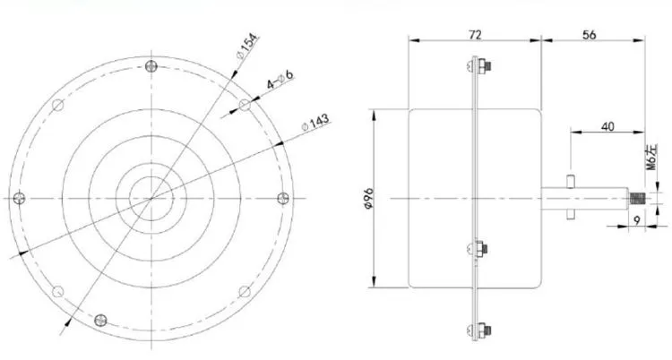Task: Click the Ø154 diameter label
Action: click(x=248, y=46)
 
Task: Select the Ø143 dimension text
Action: click(x=315, y=122)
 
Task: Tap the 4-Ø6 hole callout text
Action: click(x=280, y=80)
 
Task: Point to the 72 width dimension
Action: click(x=475, y=34)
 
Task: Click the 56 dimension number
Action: click(x=590, y=34)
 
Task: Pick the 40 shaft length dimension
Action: click(x=607, y=126)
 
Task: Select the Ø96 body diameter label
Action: click(x=369, y=199)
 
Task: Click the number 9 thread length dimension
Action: click(x=637, y=220)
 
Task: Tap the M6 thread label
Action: click(x=651, y=158)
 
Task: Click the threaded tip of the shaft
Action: click(x=636, y=199)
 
